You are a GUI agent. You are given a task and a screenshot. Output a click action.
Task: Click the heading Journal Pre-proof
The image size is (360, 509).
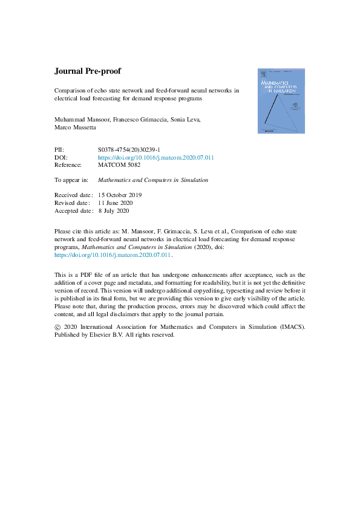(88, 71)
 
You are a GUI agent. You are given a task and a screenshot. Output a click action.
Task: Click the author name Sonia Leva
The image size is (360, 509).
(188, 120)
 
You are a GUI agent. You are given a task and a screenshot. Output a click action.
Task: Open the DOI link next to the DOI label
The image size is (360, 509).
(156, 157)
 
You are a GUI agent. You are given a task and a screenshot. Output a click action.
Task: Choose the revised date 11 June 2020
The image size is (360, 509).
(120, 203)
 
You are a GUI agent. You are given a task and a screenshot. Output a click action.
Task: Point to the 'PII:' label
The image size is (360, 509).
(60, 149)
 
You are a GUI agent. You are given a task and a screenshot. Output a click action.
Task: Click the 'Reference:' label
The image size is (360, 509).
(70, 165)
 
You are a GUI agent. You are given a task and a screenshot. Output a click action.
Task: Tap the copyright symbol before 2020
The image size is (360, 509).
(58, 327)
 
